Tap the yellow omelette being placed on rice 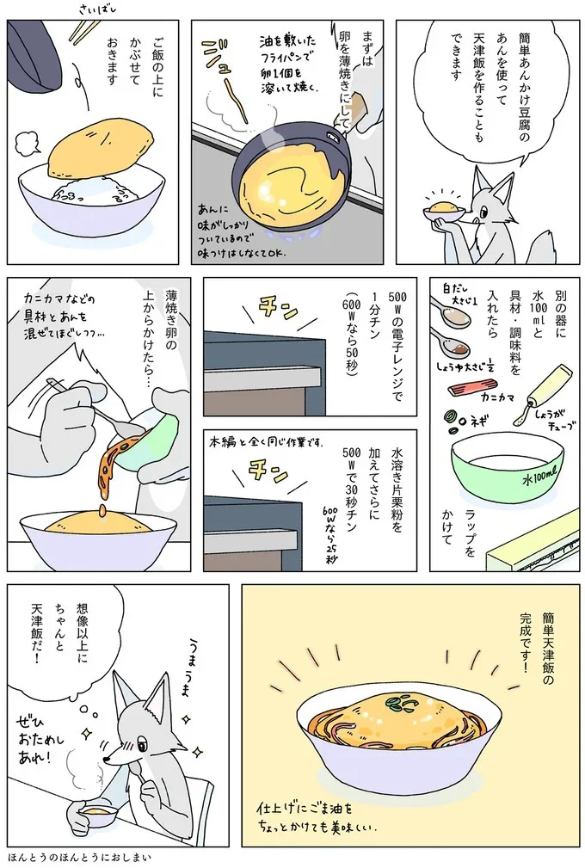(91, 148)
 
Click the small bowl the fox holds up (445, 210)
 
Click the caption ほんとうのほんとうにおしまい (79, 858)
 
